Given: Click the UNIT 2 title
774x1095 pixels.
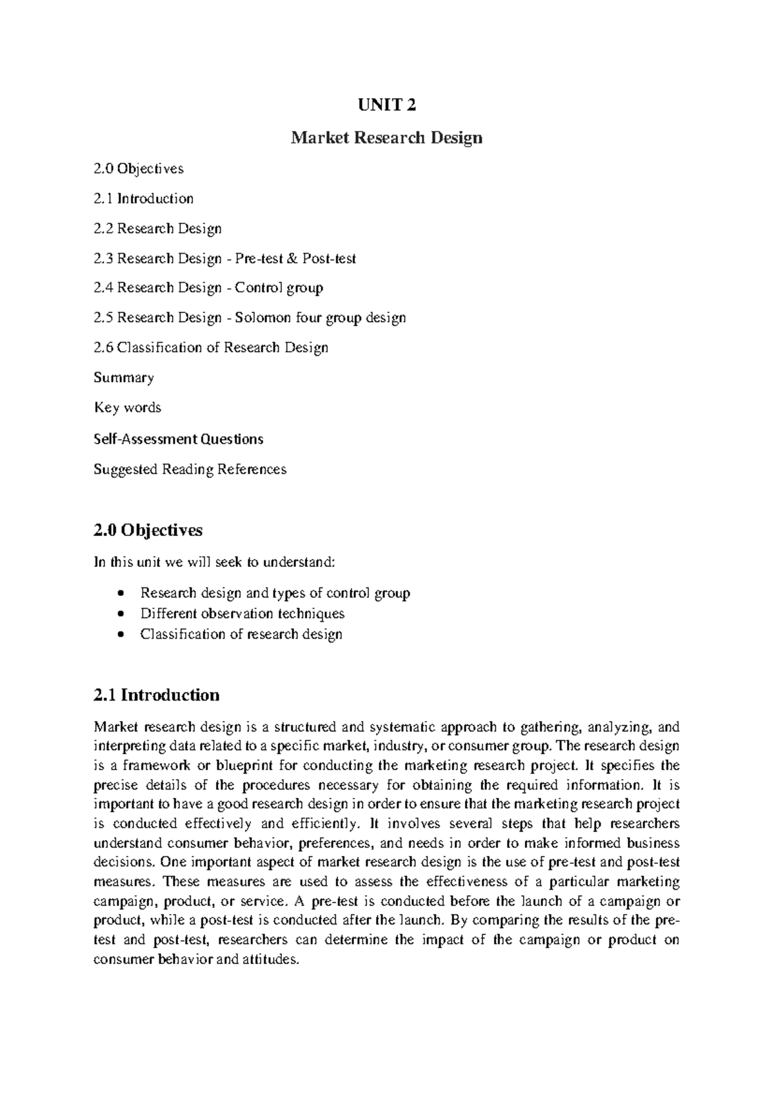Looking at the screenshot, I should (386, 105).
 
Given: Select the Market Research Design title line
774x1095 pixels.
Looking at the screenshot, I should (386, 138).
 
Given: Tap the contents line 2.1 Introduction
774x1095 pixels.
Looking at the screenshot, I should (143, 198).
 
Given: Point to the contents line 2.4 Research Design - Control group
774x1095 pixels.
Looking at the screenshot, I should (208, 288).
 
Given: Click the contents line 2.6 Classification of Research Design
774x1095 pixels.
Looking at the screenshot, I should (210, 347).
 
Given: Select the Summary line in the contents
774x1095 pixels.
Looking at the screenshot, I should (123, 378).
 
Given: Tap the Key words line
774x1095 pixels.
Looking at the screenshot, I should (127, 407).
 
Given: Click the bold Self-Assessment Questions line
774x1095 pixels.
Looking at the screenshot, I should (178, 439).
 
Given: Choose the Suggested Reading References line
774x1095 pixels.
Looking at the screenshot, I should (190, 469).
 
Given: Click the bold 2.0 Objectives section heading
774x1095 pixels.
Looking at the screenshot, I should (148, 530).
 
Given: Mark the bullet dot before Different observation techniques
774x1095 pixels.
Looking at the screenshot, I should (121, 614).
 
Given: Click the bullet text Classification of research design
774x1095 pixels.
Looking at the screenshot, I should (241, 634).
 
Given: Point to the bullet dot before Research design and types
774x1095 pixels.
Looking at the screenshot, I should (121, 593).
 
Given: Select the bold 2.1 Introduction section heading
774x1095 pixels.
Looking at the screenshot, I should (156, 695).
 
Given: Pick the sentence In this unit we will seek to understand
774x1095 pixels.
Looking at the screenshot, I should (214, 562).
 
